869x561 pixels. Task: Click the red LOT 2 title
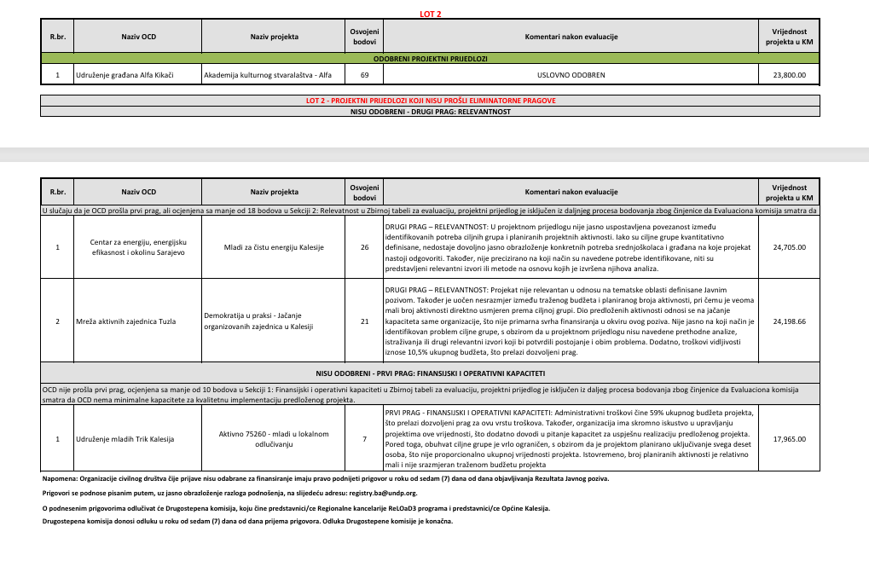tap(431, 14)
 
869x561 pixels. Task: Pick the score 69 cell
tap(364, 75)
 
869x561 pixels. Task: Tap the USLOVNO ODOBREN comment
tap(571, 75)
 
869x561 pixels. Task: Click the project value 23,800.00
tap(788, 75)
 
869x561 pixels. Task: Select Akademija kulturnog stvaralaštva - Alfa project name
tap(267, 75)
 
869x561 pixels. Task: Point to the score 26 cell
tap(364, 247)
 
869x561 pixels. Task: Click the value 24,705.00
tap(788, 247)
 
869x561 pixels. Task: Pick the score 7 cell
tap(364, 439)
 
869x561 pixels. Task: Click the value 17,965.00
tap(788, 439)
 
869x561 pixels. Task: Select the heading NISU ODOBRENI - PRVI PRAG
tap(431, 373)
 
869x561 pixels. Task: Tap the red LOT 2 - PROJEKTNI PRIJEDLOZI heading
tap(431, 101)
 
